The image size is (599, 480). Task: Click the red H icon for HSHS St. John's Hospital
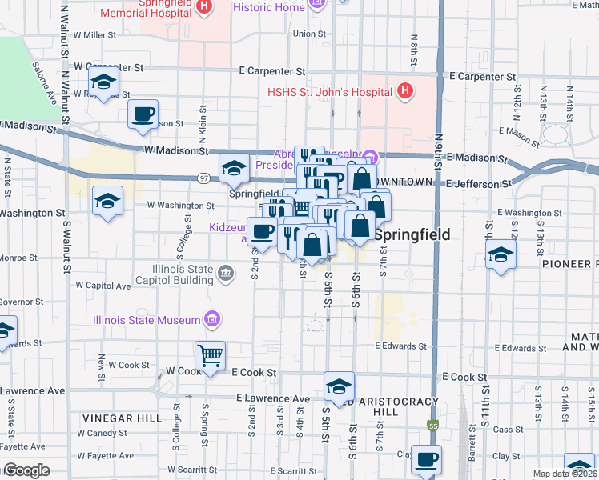(405, 90)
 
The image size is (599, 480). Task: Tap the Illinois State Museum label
(146, 320)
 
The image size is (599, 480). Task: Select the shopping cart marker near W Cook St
(210, 354)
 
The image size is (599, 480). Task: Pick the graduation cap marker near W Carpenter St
(103, 81)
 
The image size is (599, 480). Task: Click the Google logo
(26, 470)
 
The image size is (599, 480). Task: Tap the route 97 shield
(205, 178)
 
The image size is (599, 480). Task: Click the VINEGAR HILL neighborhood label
(115, 418)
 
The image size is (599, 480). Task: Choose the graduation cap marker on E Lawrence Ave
(339, 386)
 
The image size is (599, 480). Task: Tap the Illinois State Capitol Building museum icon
(226, 275)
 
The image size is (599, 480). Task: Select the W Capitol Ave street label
(103, 285)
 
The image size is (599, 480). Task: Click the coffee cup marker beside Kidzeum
(262, 233)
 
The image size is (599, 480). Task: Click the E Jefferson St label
(479, 184)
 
